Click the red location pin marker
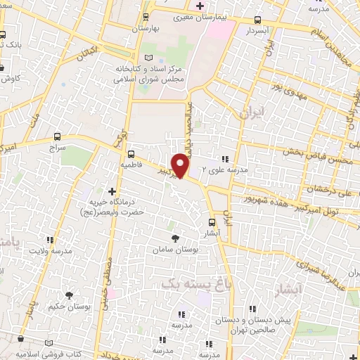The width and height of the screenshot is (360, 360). [x=181, y=165]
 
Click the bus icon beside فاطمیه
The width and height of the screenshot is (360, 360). [x=131, y=153]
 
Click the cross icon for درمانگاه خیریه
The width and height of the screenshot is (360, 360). [x=111, y=191]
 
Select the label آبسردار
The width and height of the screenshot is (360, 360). [x=258, y=32]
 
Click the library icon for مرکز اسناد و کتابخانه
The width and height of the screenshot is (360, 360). [x=147, y=58]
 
